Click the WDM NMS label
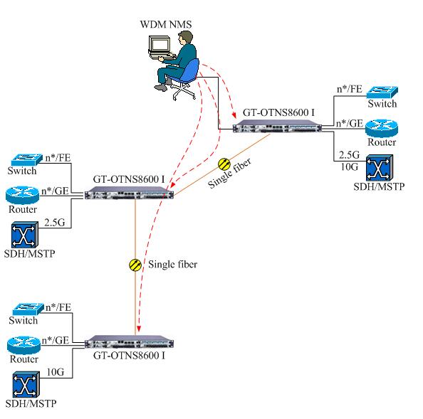[x=166, y=24]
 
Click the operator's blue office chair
[x=186, y=78]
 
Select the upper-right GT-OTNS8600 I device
[x=277, y=126]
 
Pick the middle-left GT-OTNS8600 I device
[x=129, y=193]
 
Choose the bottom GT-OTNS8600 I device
[x=129, y=342]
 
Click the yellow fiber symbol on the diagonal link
[x=224, y=164]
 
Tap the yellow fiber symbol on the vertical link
[x=135, y=265]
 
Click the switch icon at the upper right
[x=382, y=92]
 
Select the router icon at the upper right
[x=382, y=129]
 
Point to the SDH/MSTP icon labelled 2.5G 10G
[x=380, y=168]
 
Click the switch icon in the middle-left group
[x=27, y=159]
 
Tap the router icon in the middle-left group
[x=22, y=195]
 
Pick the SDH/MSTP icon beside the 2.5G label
[x=24, y=235]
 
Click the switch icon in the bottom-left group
[x=28, y=309]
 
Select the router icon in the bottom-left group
[x=23, y=345]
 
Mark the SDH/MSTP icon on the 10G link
[x=26, y=385]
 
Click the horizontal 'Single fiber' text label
[x=172, y=265]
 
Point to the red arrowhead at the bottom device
[x=139, y=329]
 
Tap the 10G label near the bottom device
[x=56, y=372]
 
